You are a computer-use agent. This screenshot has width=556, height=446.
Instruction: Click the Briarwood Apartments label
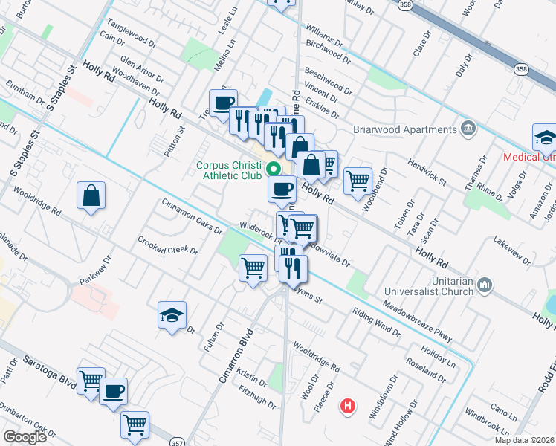(x=416, y=129)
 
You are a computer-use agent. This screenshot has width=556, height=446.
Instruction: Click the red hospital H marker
(x=346, y=406)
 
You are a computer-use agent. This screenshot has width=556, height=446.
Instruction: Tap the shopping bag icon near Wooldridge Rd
(x=91, y=196)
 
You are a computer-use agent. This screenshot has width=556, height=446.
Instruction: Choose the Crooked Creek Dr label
(x=168, y=246)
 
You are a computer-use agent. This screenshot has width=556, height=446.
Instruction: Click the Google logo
(x=25, y=437)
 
